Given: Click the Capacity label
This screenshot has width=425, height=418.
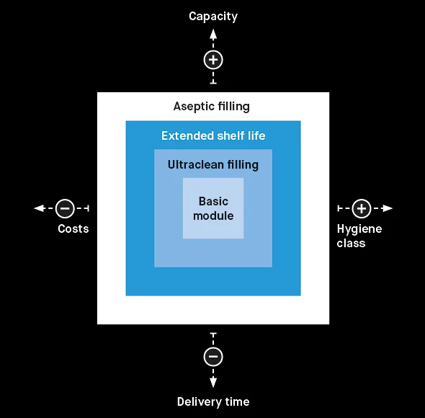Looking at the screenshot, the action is (213, 17).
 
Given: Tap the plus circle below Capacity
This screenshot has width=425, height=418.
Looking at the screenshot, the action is (213, 60).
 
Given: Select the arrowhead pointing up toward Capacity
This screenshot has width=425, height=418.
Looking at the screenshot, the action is (213, 35).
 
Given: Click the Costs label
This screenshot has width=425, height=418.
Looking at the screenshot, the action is (73, 228).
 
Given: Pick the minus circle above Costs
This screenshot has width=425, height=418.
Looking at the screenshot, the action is (65, 208).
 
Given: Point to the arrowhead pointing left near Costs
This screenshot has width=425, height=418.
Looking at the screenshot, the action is (40, 208).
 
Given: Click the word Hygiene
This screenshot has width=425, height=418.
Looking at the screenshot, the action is (359, 229).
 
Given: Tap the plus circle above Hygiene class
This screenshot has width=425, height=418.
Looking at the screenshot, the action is (362, 208).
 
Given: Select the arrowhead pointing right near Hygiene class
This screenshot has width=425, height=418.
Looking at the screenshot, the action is (387, 208).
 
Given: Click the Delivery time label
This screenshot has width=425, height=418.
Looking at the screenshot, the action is (213, 401).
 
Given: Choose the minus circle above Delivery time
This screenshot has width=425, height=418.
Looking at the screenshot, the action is (213, 357).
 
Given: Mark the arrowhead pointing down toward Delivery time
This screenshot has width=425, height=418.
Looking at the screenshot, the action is (213, 382).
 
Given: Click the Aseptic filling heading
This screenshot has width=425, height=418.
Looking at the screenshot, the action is (211, 107).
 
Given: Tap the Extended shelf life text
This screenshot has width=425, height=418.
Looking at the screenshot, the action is (213, 135).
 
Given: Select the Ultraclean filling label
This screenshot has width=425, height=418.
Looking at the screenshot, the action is (213, 164).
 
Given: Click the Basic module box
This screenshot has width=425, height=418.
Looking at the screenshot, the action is (213, 208).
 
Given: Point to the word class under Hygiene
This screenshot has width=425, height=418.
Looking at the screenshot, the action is (351, 244).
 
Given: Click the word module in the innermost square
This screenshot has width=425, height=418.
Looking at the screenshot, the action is (213, 216).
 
